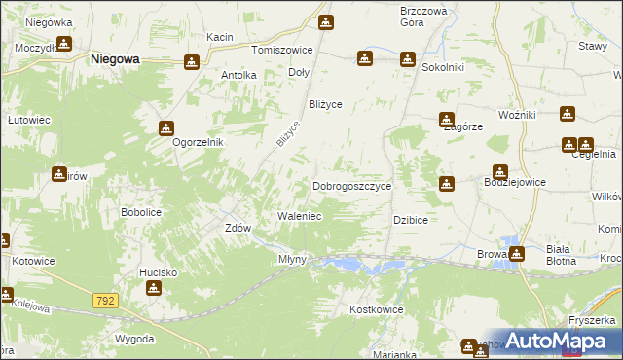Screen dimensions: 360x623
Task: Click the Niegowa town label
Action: click(115, 58)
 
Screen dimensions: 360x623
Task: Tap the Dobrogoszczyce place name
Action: click(351, 185)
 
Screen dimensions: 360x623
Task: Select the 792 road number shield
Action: click(107, 302)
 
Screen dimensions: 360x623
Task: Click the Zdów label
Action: click(238, 228)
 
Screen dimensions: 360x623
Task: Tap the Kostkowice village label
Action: click(376, 308)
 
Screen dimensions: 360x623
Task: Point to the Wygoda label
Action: click(133, 339)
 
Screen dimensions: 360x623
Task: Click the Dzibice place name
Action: click(411, 221)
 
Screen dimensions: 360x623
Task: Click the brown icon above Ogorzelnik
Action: click(166, 127)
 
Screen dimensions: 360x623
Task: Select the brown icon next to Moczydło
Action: click(64, 44)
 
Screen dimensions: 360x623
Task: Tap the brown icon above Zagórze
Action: click(445, 119)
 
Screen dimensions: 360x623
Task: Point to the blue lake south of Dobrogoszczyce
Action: click(360, 264)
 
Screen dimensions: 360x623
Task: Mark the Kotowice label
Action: click(34, 262)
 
